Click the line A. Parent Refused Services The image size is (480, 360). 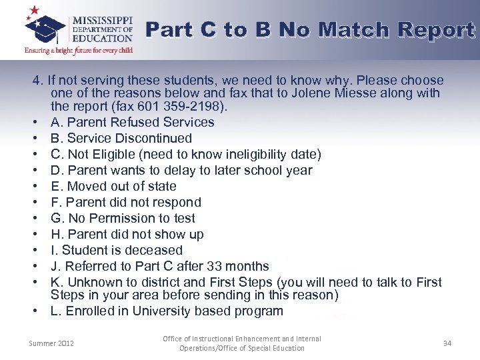pos(132,122)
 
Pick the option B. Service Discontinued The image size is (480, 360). pos(121,138)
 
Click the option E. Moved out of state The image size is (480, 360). pos(113,186)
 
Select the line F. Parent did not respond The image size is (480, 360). pos(125,202)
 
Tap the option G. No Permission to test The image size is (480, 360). pos(123,218)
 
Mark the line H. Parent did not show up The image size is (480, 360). pos(127,234)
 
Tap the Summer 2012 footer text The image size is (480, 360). pos(52,343)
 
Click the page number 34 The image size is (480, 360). pos(447,343)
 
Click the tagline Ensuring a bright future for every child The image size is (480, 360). pos(79,50)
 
